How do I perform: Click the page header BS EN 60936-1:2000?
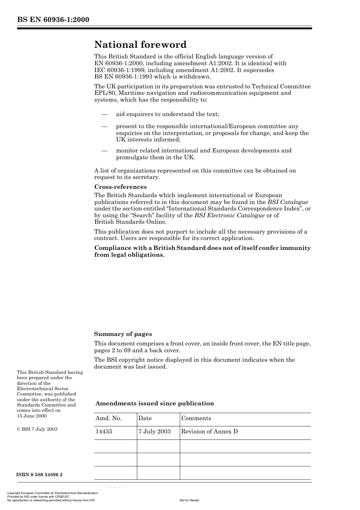coord(53,20)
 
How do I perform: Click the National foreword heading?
coord(140,45)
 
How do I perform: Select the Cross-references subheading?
coord(120,187)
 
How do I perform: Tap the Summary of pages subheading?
coord(123,334)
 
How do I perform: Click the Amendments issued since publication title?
coord(155,403)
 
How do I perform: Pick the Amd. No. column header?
coord(108,418)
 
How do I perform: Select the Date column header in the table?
coord(145,418)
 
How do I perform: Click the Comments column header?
coord(196,418)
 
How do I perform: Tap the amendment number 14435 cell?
coord(104,432)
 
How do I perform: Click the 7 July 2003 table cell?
coord(154,432)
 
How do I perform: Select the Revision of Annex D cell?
coord(209,432)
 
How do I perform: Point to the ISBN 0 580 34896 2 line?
coord(40,475)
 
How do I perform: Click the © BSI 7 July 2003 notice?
coord(37,429)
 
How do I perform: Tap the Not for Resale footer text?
coord(189,500)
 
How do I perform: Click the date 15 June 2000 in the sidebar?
coord(32,416)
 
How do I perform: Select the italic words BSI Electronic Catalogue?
coord(229,215)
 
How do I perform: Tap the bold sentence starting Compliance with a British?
coord(202,251)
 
